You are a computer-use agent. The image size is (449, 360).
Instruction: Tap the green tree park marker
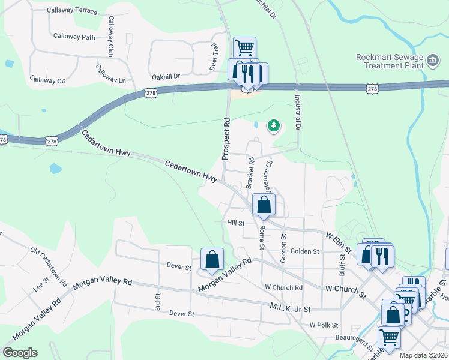274,125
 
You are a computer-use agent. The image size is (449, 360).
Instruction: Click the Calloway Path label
74,37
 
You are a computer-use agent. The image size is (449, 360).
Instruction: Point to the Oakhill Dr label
166,76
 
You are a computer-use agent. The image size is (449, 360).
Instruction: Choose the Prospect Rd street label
226,138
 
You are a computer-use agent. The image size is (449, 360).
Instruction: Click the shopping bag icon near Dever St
212,260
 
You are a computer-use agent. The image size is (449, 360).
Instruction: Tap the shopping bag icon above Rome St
264,205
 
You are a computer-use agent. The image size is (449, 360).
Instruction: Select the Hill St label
236,223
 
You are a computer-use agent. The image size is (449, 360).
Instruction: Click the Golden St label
304,251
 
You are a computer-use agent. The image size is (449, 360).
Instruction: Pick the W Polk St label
325,325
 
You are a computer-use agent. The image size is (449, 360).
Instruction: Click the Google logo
20,353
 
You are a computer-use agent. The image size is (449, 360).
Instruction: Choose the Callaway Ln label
111,80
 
